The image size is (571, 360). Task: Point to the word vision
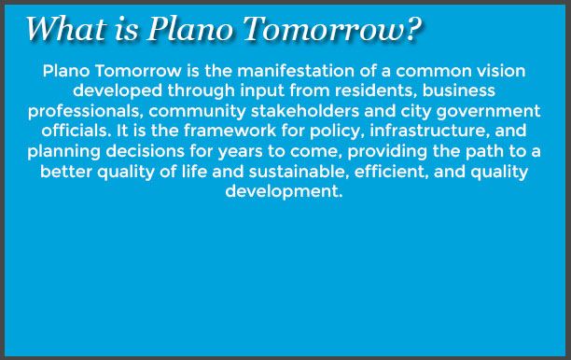click(x=503, y=72)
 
